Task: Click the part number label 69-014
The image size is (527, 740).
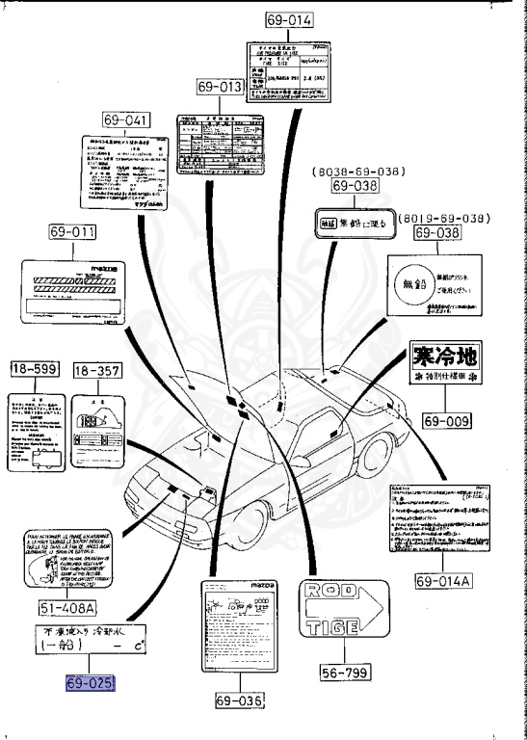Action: [x=289, y=20]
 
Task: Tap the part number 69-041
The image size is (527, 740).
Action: [x=127, y=120]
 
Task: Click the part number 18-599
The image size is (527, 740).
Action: [x=35, y=369]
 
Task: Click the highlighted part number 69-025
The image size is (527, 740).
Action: [x=91, y=682]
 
